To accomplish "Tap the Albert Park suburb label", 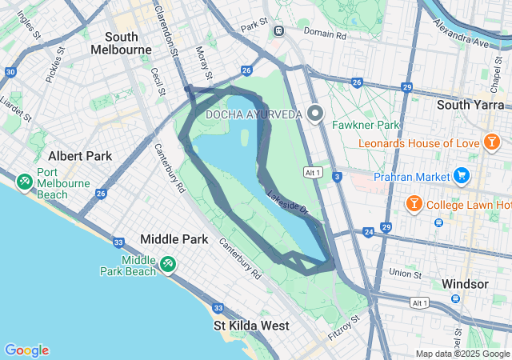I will [x=80, y=156].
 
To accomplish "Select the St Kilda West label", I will [x=251, y=326].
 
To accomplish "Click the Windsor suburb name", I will [x=464, y=284].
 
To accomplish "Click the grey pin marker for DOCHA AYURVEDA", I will [x=315, y=114].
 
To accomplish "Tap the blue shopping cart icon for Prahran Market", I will [x=461, y=174].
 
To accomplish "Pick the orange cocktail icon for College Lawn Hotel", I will [x=414, y=204].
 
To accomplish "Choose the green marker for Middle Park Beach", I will [x=167, y=263].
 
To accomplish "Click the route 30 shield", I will [x=10, y=72].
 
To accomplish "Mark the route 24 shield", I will [x=368, y=233].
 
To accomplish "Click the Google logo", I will [x=26, y=350].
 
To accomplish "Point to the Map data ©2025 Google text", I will [x=462, y=354].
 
